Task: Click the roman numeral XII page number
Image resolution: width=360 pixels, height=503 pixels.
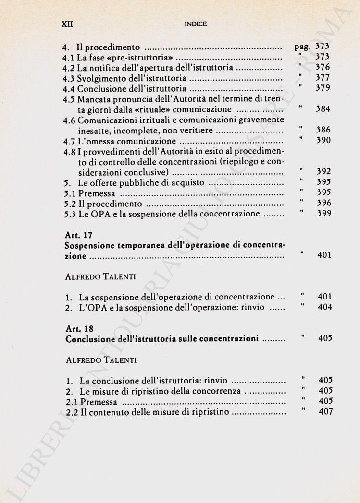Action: click(x=67, y=24)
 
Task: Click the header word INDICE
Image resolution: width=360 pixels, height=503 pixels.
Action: click(x=196, y=24)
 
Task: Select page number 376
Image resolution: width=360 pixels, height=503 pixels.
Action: click(x=323, y=68)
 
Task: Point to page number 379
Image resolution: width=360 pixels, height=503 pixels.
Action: click(x=323, y=88)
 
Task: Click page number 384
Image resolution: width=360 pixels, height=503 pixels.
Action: click(x=323, y=109)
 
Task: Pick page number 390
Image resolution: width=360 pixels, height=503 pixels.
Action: click(x=323, y=140)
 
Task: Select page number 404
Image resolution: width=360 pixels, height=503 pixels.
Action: click(x=325, y=307)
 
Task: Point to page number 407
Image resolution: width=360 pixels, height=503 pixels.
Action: click(x=325, y=411)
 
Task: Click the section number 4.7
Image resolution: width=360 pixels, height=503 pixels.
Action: click(x=69, y=141)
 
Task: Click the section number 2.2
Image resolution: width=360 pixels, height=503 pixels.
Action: click(x=72, y=412)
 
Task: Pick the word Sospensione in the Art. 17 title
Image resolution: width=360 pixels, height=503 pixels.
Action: click(x=87, y=245)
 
